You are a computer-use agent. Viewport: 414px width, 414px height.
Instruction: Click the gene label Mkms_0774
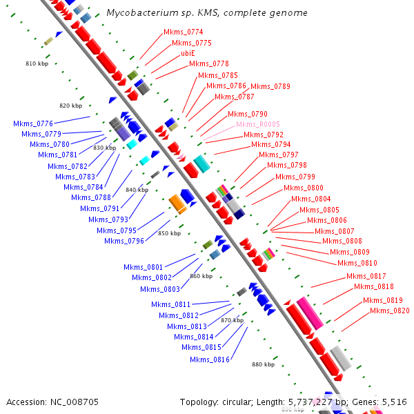click(183, 32)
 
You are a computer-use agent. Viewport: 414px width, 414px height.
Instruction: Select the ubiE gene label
click(188, 53)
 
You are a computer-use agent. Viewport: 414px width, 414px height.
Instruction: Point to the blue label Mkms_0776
click(33, 124)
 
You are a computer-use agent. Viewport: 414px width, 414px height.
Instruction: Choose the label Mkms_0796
click(124, 241)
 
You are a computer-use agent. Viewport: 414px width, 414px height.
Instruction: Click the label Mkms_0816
click(210, 359)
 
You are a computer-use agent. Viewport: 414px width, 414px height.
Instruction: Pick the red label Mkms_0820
click(389, 310)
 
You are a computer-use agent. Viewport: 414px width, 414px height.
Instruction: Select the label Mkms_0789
click(270, 86)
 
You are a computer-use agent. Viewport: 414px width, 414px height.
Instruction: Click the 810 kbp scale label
click(37, 63)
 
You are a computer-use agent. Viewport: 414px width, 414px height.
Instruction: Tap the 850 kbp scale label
click(169, 233)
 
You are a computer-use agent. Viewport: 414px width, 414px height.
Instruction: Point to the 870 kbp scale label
click(232, 320)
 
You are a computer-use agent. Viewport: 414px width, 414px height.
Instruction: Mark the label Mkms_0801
click(144, 267)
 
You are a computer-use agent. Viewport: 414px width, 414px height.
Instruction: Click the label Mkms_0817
click(366, 276)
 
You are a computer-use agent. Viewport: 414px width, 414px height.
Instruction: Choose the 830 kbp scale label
click(104, 148)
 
